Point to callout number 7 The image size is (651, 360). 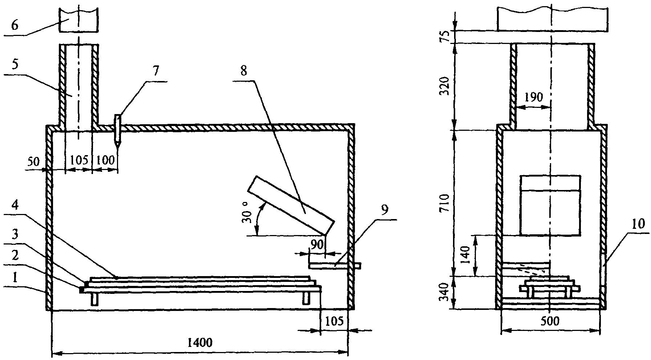[x=155, y=72]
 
